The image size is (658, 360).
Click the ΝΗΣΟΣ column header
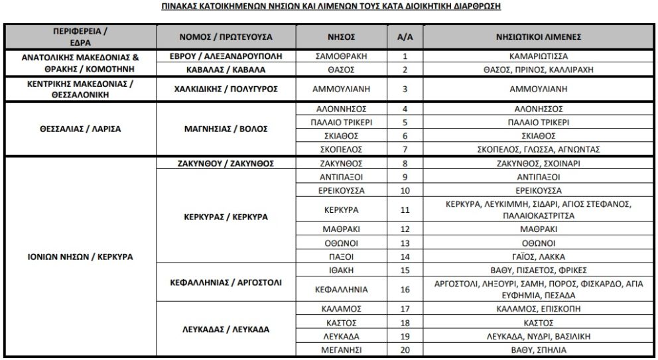342,36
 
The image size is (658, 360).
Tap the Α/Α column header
405,36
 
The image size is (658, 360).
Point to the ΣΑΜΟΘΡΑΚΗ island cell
342,56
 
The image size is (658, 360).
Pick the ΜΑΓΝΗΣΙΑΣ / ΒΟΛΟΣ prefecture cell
226,129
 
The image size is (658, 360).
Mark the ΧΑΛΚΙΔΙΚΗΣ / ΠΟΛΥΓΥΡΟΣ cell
226,88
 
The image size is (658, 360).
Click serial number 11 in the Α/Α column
405,210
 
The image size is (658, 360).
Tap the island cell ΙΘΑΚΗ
342,270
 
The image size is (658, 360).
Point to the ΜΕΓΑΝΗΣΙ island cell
342,349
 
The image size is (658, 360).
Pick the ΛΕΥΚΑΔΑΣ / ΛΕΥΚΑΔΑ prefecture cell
226,329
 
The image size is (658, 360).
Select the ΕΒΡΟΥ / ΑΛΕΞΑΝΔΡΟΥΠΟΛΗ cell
226,56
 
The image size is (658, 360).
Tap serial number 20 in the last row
405,349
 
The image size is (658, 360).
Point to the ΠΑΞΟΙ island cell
342,257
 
